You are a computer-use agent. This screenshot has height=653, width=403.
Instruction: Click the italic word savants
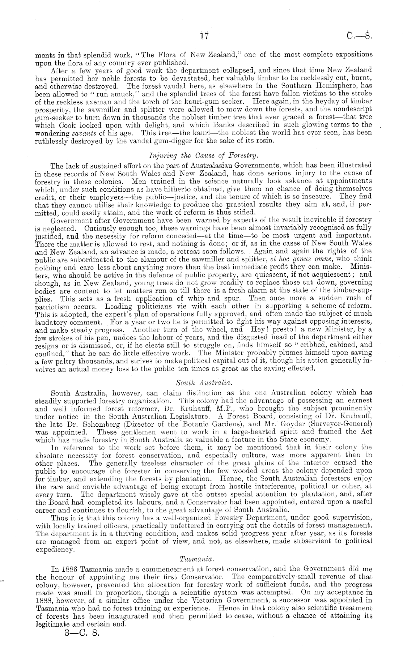tap(84, 133)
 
